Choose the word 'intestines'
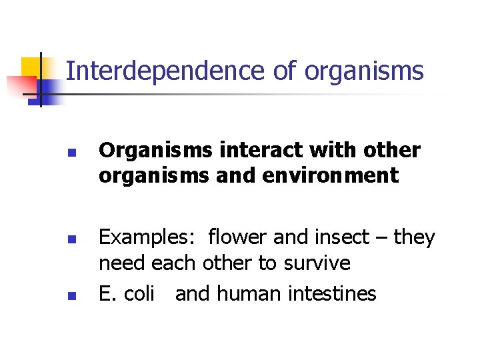click(x=334, y=293)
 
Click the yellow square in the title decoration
click(x=30, y=67)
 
